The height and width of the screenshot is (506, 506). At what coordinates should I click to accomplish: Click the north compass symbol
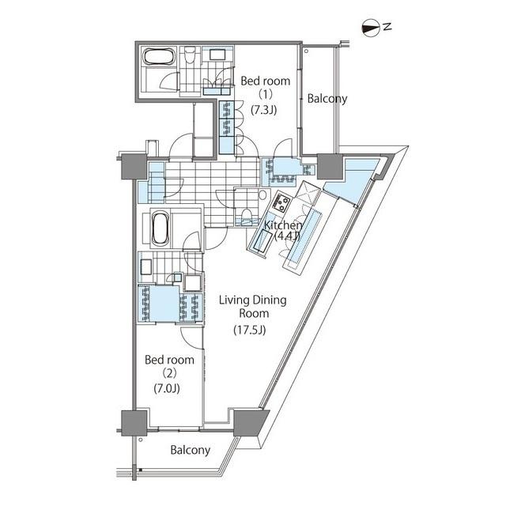tap(371, 28)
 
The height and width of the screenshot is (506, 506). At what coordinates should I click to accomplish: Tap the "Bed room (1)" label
tap(266, 87)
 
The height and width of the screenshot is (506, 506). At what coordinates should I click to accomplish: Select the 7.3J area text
tap(264, 111)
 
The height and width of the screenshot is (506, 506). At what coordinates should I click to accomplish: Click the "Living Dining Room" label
tap(253, 307)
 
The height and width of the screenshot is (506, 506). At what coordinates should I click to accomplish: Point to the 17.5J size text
tap(250, 330)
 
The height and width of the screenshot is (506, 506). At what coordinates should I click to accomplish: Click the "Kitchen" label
tap(283, 225)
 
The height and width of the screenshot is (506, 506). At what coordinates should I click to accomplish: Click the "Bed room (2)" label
tap(169, 366)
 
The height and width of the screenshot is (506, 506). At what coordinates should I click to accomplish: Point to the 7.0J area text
tap(167, 388)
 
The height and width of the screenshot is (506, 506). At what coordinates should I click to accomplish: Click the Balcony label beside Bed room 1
tap(327, 99)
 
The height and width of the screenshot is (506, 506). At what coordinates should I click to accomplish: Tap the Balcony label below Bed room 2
tap(190, 450)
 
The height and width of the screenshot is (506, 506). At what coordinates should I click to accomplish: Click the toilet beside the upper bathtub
tap(190, 56)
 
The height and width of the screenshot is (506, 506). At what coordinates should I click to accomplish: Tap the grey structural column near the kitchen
tap(330, 167)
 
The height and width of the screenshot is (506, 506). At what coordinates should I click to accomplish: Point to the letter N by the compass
tap(387, 27)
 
